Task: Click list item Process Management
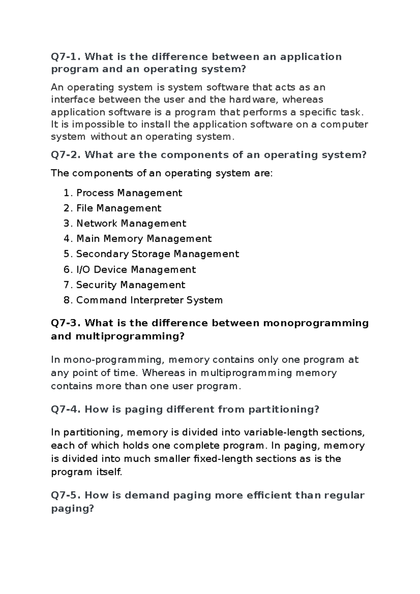(x=129, y=193)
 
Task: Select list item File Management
(x=119, y=208)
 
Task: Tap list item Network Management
(x=131, y=224)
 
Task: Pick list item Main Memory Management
(x=144, y=239)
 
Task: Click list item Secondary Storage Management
(x=157, y=254)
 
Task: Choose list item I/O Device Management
(x=136, y=270)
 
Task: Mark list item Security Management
(x=131, y=285)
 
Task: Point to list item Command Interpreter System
(x=149, y=300)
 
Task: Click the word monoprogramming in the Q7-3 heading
(x=316, y=323)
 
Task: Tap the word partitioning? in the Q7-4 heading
(x=284, y=409)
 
